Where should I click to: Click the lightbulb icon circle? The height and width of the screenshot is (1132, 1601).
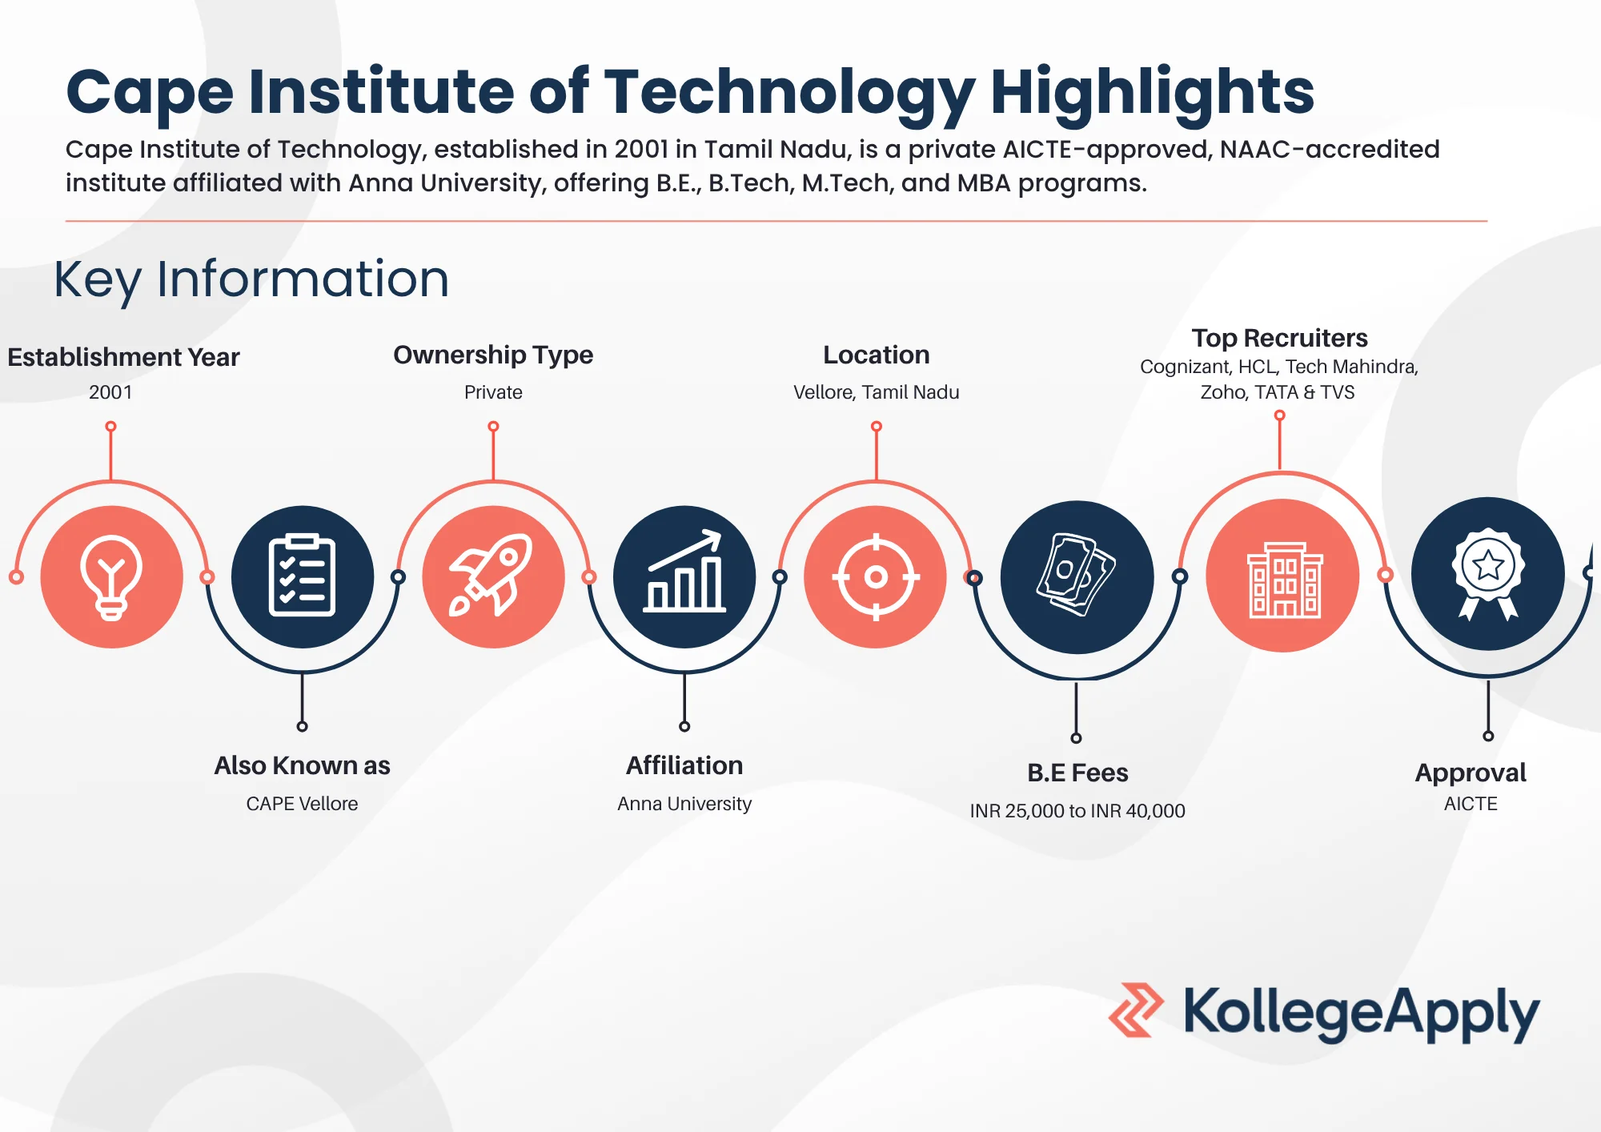111,576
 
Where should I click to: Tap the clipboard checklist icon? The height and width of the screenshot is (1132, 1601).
302,576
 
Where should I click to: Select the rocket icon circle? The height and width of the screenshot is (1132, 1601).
493,576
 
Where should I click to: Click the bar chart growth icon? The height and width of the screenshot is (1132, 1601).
684,576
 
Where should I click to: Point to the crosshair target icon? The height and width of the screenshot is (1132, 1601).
876,576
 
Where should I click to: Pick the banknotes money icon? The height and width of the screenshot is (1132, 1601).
1077,576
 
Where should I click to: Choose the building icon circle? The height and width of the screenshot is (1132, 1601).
1282,576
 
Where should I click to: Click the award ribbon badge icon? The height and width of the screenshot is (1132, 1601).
1487,574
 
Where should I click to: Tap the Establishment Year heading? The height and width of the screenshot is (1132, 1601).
123,357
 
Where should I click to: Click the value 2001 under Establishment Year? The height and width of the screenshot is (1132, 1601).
110,392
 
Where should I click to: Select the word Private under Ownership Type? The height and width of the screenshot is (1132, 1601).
493,392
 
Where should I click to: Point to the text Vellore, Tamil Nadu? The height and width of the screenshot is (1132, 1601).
876,392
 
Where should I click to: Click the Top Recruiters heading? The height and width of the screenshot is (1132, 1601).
1279,338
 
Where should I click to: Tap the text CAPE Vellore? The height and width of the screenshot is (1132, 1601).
302,804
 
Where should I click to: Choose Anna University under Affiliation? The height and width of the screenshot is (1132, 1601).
684,804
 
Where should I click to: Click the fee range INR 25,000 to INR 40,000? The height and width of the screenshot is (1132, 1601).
1077,811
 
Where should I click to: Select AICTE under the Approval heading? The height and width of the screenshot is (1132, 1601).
1471,804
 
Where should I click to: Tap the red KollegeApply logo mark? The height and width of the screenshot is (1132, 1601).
1136,1010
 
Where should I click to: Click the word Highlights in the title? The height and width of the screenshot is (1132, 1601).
1152,91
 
